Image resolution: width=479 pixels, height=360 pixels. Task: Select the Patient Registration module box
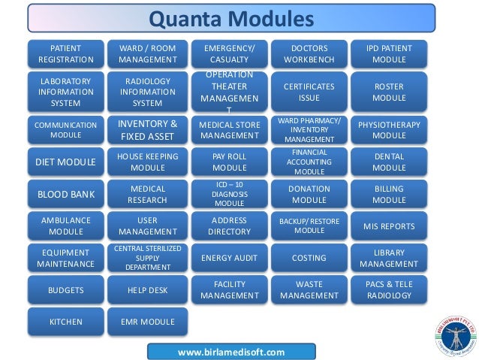pos(66,53)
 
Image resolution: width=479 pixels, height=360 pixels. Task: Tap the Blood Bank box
pos(66,194)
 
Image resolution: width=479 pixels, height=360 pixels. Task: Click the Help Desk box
pos(148,289)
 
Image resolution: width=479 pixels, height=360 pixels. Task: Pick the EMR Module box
pos(148,322)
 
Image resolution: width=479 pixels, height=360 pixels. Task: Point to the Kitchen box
pos(66,322)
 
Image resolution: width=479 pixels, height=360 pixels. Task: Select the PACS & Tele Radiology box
pos(389,289)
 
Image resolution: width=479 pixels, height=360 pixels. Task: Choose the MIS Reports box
pos(389,225)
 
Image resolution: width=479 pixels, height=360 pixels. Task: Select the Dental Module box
pos(389,162)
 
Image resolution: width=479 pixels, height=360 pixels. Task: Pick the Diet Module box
pos(66,162)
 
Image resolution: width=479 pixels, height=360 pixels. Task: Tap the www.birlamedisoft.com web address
pos(230,352)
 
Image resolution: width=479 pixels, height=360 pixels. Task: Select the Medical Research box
pos(148,194)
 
